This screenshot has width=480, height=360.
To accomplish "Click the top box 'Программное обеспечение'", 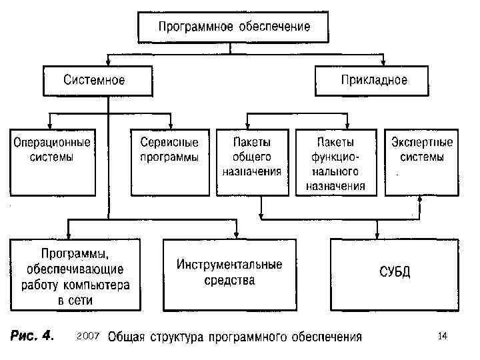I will pos(234,27).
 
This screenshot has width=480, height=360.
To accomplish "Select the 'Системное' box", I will pos(94,80).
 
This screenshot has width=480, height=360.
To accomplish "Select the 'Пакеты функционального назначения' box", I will pos(335,163).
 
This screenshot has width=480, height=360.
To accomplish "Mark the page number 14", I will pos(443,335).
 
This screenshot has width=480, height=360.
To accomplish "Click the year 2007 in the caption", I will pos(89,335).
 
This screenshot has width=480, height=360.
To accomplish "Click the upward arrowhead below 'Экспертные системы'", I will pos(419,199).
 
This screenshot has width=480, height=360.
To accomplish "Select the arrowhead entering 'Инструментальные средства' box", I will pos(236,234).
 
